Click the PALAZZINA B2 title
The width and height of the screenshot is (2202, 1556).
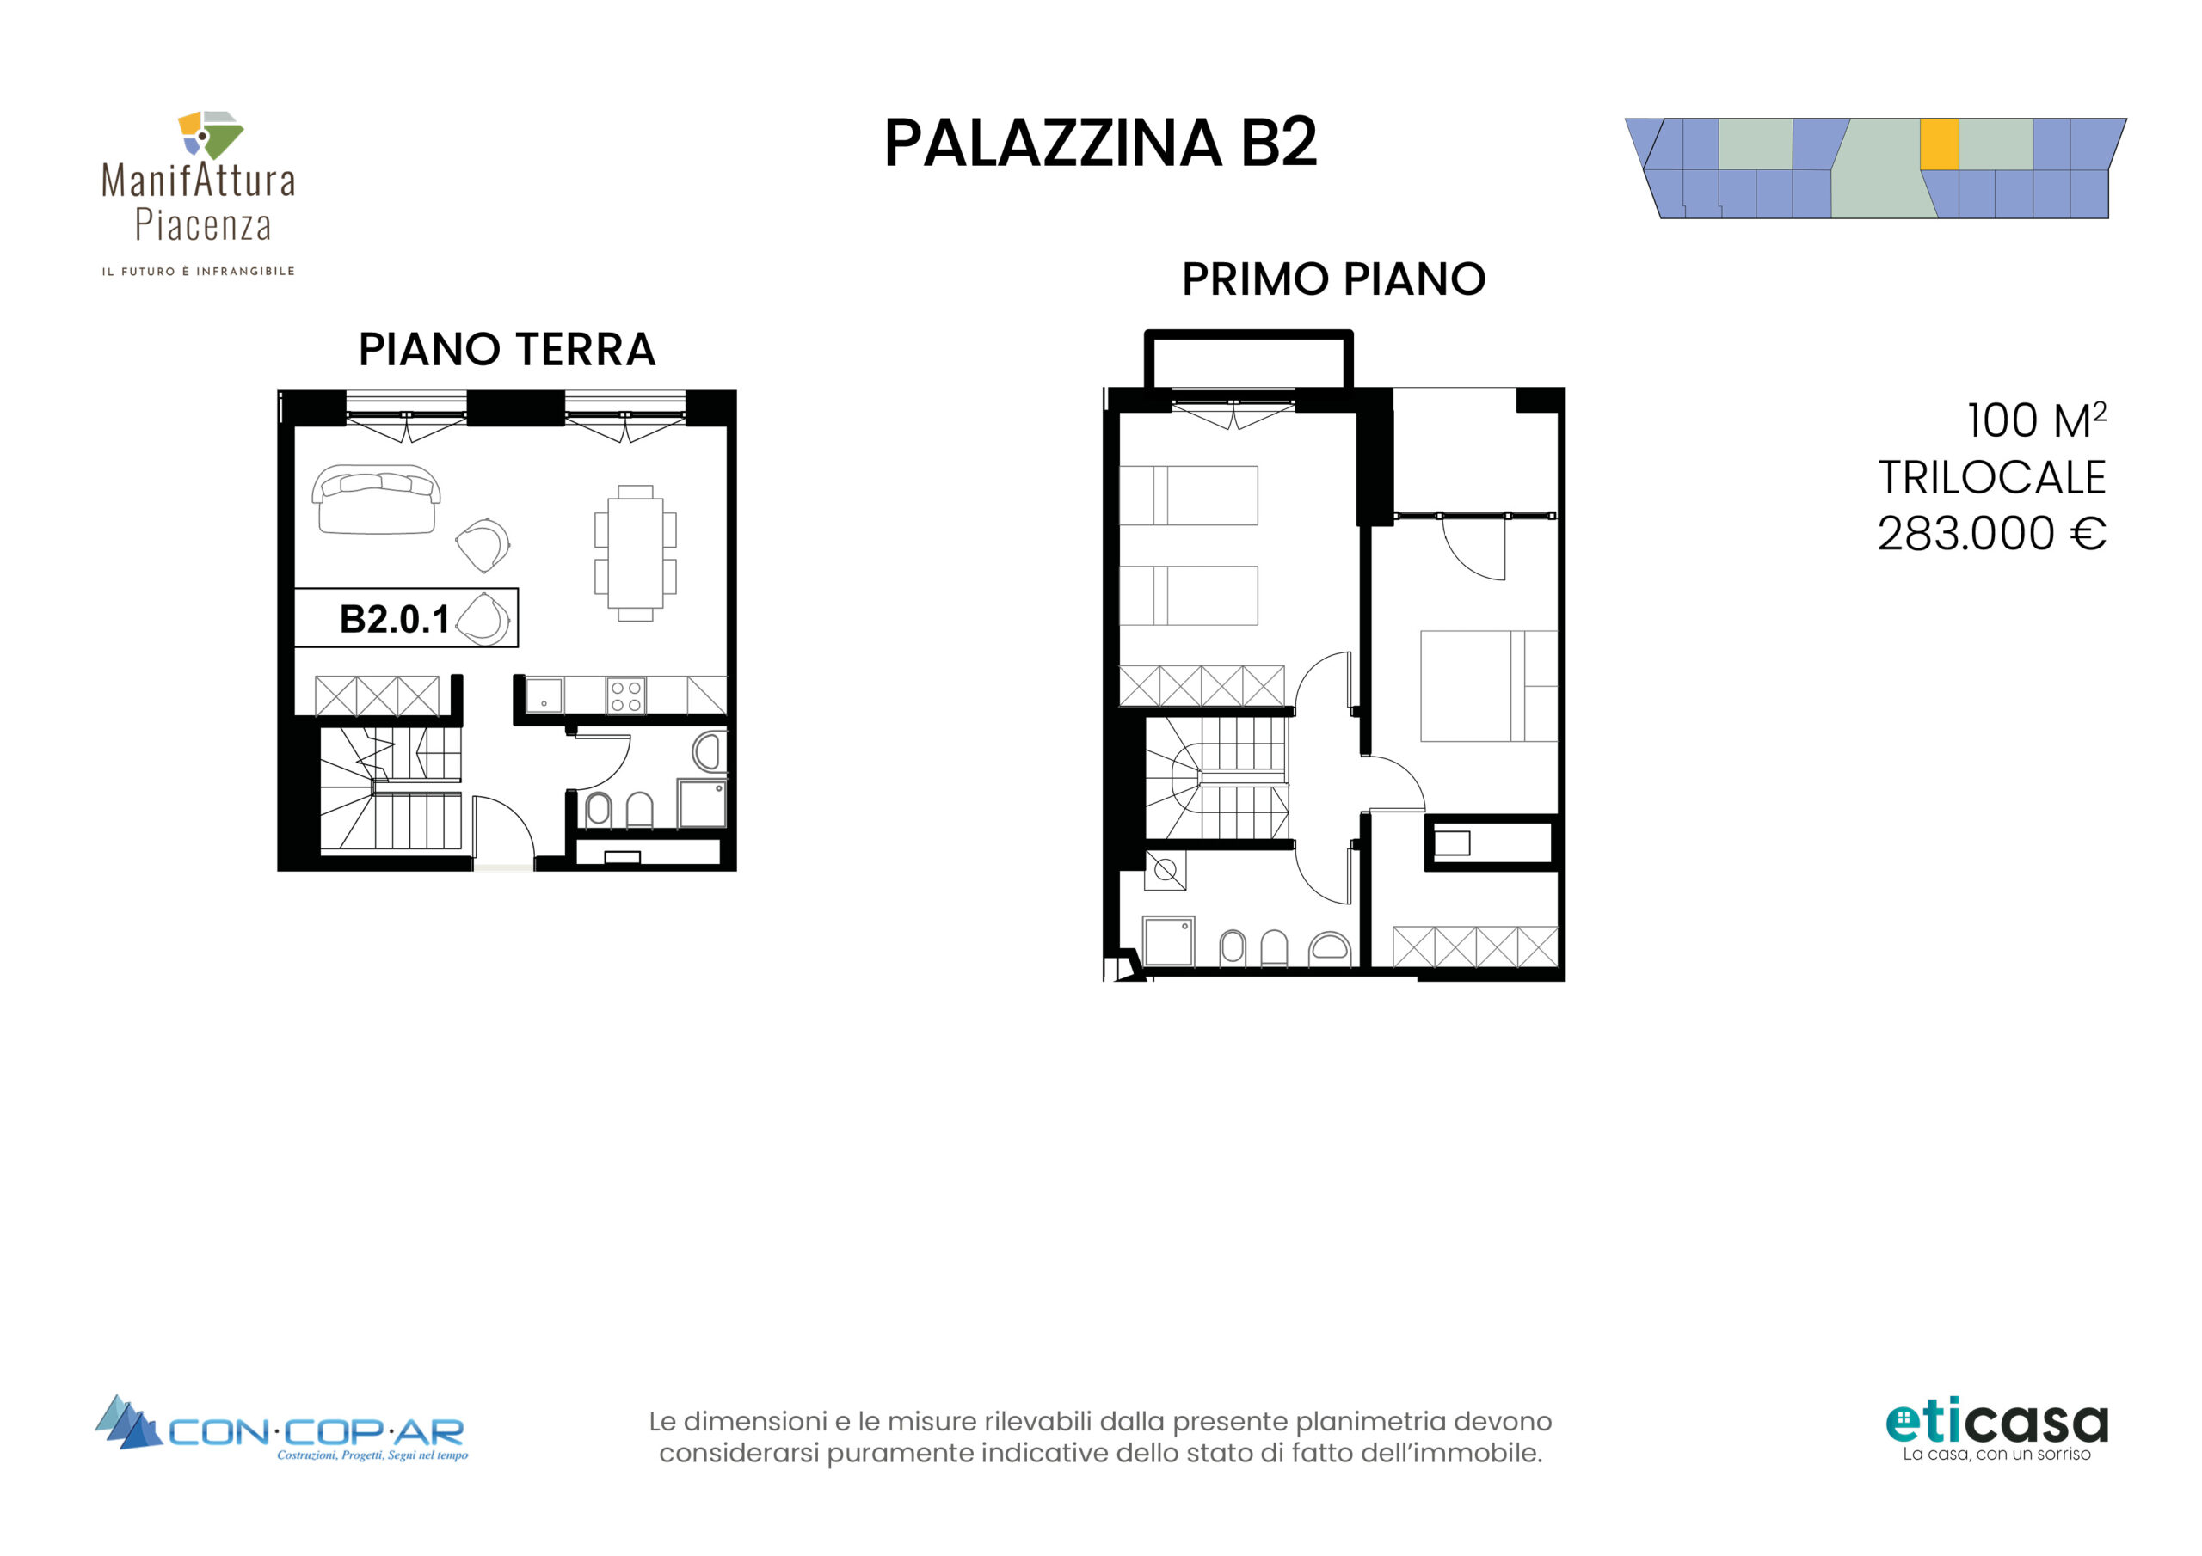(x=1100, y=143)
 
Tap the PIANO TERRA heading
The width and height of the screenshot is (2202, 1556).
(x=507, y=349)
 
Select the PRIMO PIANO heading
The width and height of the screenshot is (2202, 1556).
(x=1333, y=279)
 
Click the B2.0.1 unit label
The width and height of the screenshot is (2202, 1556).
(x=394, y=619)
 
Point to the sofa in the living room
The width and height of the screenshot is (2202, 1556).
(x=376, y=499)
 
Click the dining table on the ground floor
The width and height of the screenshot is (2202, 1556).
(x=635, y=553)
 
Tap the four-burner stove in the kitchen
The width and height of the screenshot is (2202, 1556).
(x=625, y=696)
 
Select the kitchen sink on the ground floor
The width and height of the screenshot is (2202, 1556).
(x=544, y=695)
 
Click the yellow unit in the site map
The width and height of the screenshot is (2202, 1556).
(x=1938, y=144)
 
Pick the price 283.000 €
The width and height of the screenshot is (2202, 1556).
(x=1991, y=534)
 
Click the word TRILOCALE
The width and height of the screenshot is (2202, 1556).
(x=1992, y=477)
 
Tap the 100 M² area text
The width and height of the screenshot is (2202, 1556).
(x=2036, y=420)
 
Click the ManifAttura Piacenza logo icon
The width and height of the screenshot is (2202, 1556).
(x=210, y=134)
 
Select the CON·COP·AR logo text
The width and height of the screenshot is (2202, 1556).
(x=317, y=1432)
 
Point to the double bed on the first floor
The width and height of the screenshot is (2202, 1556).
(x=1488, y=686)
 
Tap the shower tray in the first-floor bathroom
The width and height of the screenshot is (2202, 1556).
(x=1168, y=940)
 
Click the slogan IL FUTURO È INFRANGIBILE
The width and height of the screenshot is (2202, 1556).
(x=199, y=272)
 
